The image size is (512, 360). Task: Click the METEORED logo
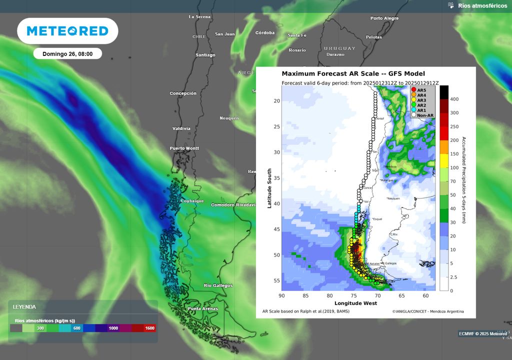click(67, 31)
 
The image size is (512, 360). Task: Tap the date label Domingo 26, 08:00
click(67, 53)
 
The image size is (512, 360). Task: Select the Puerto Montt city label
click(184, 148)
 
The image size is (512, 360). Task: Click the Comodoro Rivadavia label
click(233, 205)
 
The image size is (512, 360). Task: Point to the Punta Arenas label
click(203, 309)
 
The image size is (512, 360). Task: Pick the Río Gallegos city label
click(218, 285)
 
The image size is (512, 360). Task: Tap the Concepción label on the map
click(182, 93)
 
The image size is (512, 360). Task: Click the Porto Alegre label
click(384, 18)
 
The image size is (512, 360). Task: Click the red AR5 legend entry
click(421, 89)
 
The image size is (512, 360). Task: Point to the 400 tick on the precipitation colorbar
click(454, 99)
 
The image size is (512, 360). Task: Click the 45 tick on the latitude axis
click(276, 229)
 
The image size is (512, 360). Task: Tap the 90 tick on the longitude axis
click(282, 296)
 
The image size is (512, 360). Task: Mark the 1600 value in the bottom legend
click(149, 328)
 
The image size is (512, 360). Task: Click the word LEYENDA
click(24, 307)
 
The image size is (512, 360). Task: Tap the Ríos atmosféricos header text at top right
click(482, 6)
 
